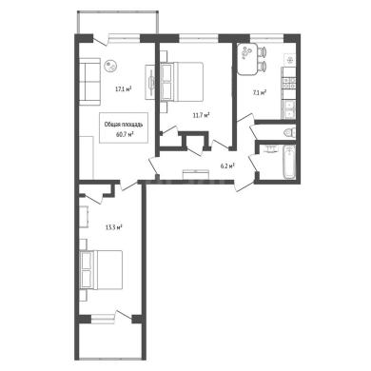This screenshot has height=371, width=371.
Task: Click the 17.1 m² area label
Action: (x=123, y=89)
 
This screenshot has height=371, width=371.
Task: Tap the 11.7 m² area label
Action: (x=201, y=115)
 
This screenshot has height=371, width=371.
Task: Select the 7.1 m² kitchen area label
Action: (x=260, y=92)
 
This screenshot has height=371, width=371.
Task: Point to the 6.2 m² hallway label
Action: (x=227, y=166)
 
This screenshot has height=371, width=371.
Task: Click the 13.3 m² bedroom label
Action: (x=114, y=227)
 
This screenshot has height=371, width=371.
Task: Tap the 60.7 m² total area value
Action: (x=125, y=134)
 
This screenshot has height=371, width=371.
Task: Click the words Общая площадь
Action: (x=124, y=125)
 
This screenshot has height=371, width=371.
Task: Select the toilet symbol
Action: (x=290, y=131)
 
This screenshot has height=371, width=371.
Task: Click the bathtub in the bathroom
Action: (x=289, y=162)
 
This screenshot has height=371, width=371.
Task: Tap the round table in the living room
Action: (x=111, y=66)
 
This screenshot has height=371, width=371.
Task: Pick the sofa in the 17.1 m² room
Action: (x=89, y=82)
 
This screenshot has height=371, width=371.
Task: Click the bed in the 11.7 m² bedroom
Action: (x=182, y=82)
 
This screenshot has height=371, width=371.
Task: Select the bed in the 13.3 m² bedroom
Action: (x=101, y=269)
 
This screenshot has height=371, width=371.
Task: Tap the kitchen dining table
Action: (x=247, y=59)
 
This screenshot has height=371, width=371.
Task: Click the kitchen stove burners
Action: (x=289, y=83)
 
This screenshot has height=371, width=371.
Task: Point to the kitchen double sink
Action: (x=289, y=109)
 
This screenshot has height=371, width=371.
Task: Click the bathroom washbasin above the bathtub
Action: (x=270, y=148)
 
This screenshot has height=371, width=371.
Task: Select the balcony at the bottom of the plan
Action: (x=109, y=342)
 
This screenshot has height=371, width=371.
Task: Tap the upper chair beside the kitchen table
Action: (x=263, y=51)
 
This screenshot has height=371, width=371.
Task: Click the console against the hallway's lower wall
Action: (x=196, y=175)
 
